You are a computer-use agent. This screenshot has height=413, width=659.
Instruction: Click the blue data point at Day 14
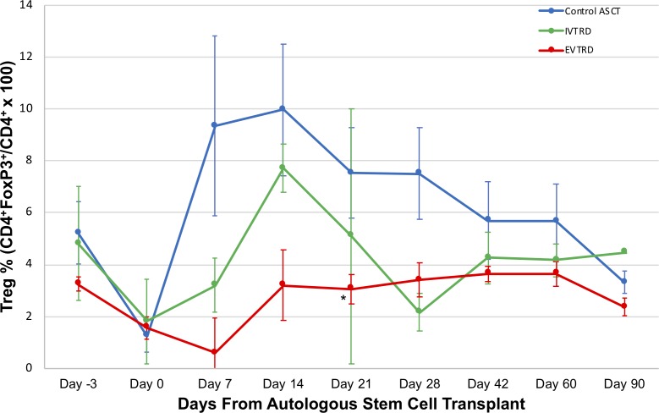[x=282, y=108]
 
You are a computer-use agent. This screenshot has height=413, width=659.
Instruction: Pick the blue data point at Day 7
[x=214, y=125]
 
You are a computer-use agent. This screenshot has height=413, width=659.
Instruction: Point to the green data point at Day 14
[x=282, y=167]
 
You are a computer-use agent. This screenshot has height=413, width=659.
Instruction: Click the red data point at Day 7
[x=214, y=352]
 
